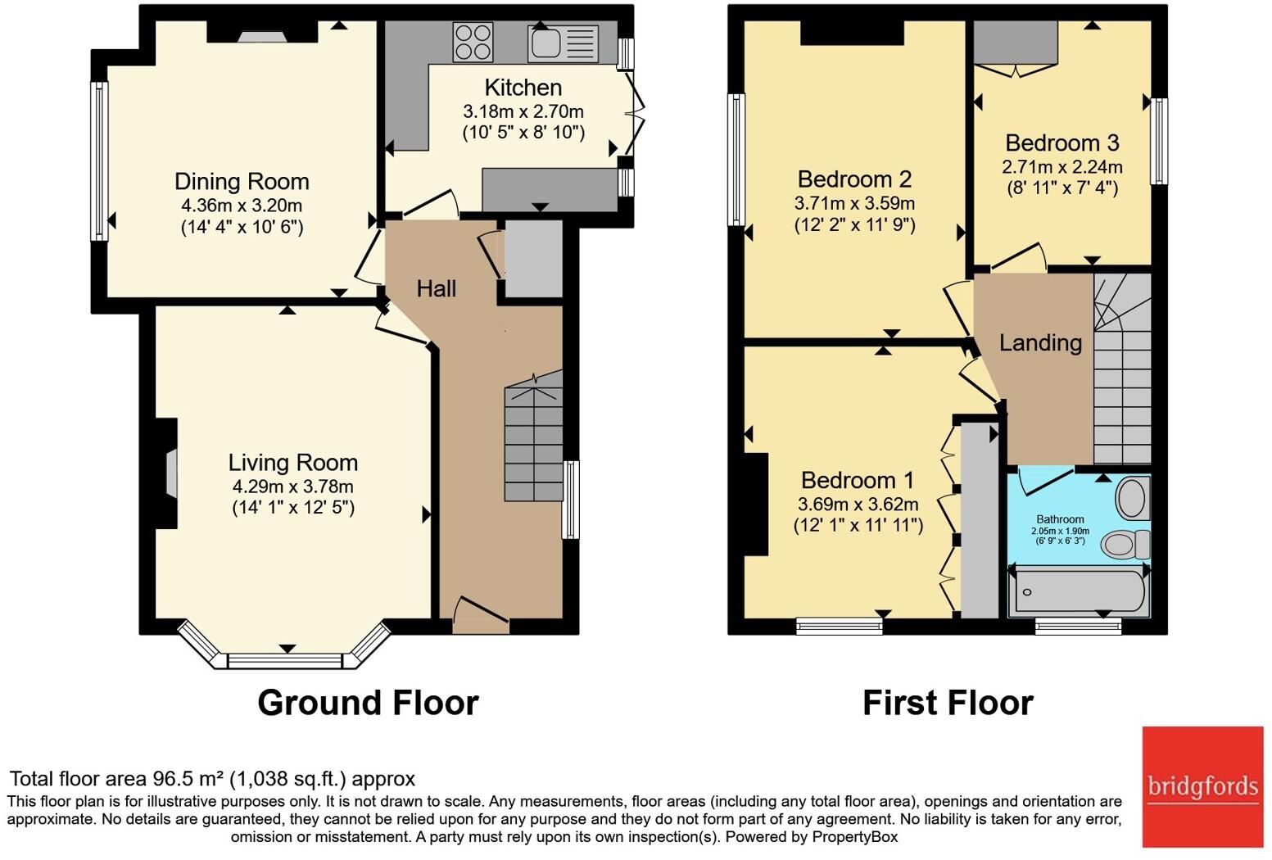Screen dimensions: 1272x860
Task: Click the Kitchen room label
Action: pos(523,88)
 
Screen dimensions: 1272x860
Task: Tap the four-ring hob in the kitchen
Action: pos(473,42)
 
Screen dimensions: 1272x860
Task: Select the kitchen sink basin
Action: pos(546,43)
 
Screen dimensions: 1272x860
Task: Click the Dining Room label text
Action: pos(242,182)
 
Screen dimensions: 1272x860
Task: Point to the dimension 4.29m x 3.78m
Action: pos(293,487)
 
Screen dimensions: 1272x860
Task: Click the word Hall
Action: pos(436,288)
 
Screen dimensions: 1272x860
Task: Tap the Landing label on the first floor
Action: pos(1040,343)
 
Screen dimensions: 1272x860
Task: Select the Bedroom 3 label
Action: pos(1062,143)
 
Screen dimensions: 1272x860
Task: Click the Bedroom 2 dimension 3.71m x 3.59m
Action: pos(854,203)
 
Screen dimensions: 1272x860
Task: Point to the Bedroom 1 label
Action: pos(858,481)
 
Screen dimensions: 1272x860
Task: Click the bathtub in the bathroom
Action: pos(1079,591)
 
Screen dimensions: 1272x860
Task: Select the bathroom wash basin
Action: pos(1133,498)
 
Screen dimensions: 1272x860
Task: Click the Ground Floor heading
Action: pos(368,703)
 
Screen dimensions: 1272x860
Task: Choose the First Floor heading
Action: pos(948,703)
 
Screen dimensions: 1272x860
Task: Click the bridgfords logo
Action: pos(1202,787)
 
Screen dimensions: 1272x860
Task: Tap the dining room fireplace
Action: pos(262,33)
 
